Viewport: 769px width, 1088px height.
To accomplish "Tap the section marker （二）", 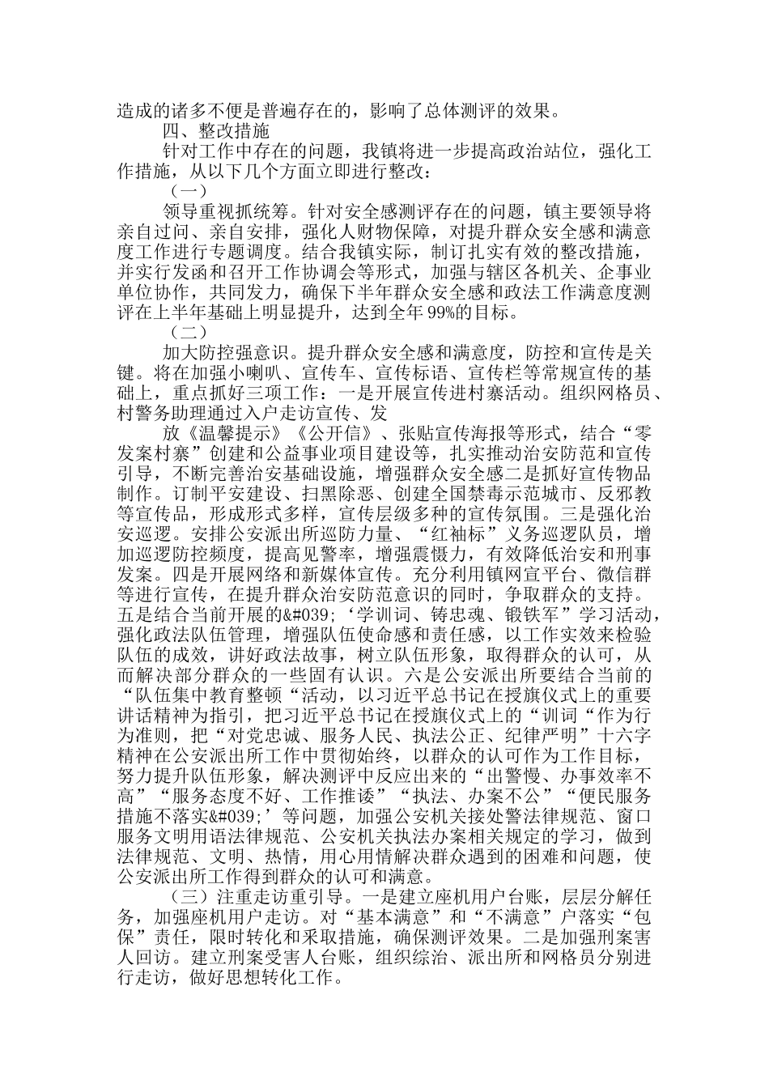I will point(189,332).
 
